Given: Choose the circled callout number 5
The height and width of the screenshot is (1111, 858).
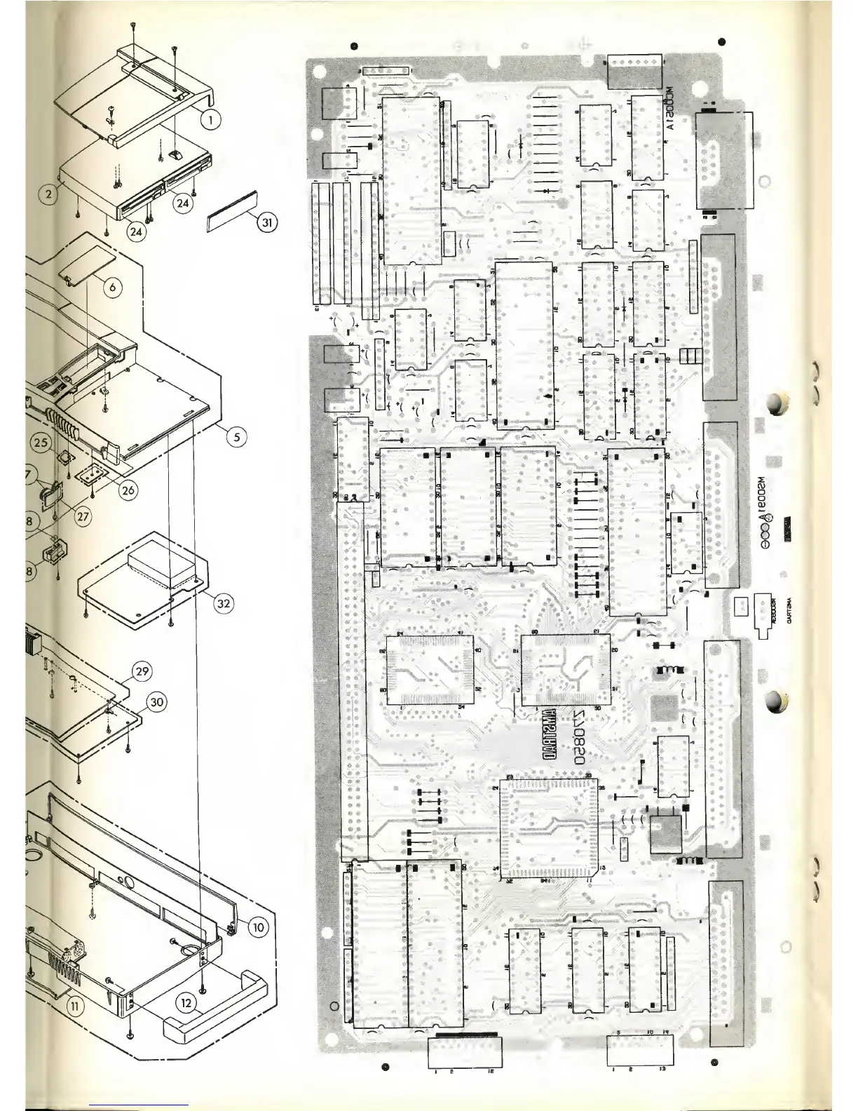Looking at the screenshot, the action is click(236, 436).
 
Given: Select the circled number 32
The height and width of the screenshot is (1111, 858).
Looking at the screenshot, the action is click(224, 602).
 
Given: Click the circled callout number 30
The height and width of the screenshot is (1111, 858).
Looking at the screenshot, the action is click(156, 701).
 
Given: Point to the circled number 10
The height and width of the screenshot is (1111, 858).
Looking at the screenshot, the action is click(257, 927).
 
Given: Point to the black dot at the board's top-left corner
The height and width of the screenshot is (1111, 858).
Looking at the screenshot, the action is click(355, 46).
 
